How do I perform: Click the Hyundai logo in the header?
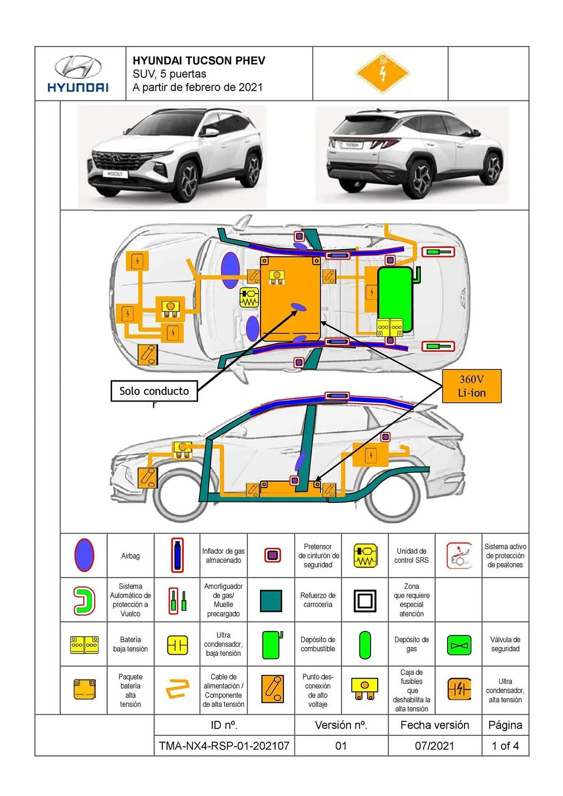pos(78,74)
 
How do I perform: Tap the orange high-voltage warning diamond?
pos(382,73)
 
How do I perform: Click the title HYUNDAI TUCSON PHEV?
pos(199,60)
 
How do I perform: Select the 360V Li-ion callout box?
pos(471,386)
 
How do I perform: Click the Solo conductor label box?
pos(154,391)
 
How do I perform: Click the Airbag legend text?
pos(130,556)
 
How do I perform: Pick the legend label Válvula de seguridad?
pos(505,644)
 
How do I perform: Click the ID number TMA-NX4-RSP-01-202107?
pos(224,745)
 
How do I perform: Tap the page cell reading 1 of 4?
pos(505,745)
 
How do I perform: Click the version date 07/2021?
pos(434,745)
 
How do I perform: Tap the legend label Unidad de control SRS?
pos(411,556)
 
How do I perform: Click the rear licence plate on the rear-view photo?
pos(352,145)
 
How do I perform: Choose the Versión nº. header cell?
pos(341,725)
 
